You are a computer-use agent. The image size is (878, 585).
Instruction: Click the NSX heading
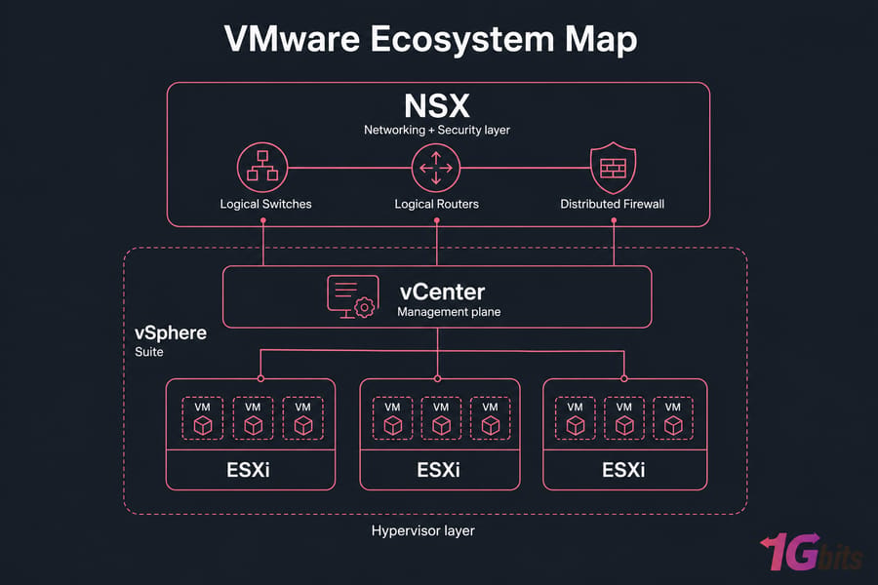[437, 105]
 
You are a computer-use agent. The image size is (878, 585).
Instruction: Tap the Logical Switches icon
[262, 168]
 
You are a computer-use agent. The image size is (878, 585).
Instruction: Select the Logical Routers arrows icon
[436, 168]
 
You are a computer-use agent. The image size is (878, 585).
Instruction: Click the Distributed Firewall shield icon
[614, 168]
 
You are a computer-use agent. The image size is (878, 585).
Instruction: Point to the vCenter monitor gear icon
[353, 296]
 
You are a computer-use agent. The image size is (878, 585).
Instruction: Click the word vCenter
[442, 292]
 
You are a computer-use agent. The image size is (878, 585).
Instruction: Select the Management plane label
[449, 312]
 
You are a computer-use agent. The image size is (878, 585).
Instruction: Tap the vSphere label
[171, 333]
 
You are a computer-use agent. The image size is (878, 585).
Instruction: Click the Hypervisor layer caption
[422, 530]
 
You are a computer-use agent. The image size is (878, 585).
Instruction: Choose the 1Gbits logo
[812, 552]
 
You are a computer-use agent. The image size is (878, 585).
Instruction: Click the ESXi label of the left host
[248, 470]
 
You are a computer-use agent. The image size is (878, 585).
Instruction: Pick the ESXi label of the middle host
[438, 470]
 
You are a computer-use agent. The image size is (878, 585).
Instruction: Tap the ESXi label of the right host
[623, 470]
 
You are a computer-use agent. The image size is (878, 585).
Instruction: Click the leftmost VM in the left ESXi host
[203, 418]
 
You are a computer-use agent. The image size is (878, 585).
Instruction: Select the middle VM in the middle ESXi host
[441, 418]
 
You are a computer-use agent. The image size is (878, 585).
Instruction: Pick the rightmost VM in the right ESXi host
[673, 418]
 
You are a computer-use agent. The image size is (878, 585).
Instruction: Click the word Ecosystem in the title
[462, 40]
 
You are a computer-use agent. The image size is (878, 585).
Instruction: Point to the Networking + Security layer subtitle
[437, 130]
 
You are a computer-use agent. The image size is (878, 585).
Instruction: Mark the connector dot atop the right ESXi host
[623, 379]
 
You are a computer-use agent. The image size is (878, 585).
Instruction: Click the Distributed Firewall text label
[612, 204]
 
